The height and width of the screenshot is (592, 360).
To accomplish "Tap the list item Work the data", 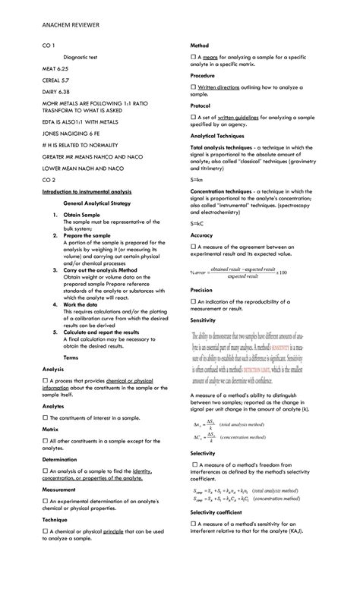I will [x=84, y=304].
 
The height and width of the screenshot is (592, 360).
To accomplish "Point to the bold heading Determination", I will [x=61, y=460].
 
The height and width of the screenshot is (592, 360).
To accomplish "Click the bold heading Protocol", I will [x=201, y=105].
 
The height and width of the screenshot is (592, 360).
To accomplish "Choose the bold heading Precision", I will [x=202, y=291].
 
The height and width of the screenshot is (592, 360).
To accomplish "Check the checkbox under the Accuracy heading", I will [x=193, y=247].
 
